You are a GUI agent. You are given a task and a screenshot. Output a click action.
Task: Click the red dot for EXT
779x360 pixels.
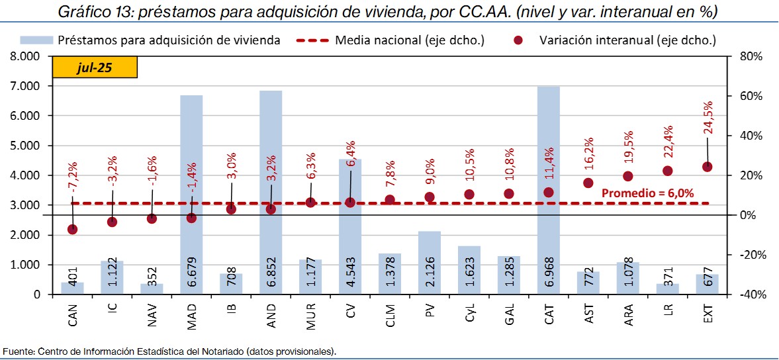pyautogui.click(x=707, y=167)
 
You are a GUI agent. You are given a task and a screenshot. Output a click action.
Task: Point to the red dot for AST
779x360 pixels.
pyautogui.click(x=588, y=183)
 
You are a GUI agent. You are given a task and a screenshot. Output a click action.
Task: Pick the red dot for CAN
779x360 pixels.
pyautogui.click(x=72, y=230)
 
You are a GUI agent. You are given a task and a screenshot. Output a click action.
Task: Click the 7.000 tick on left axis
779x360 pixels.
pyautogui.click(x=26, y=86)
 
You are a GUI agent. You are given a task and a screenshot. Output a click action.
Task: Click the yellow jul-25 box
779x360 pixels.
pyautogui.click(x=94, y=68)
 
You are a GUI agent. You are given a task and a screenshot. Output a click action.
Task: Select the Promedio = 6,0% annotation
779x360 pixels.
pyautogui.click(x=647, y=193)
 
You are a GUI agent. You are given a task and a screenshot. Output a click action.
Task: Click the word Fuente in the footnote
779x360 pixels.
pyautogui.click(x=18, y=350)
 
